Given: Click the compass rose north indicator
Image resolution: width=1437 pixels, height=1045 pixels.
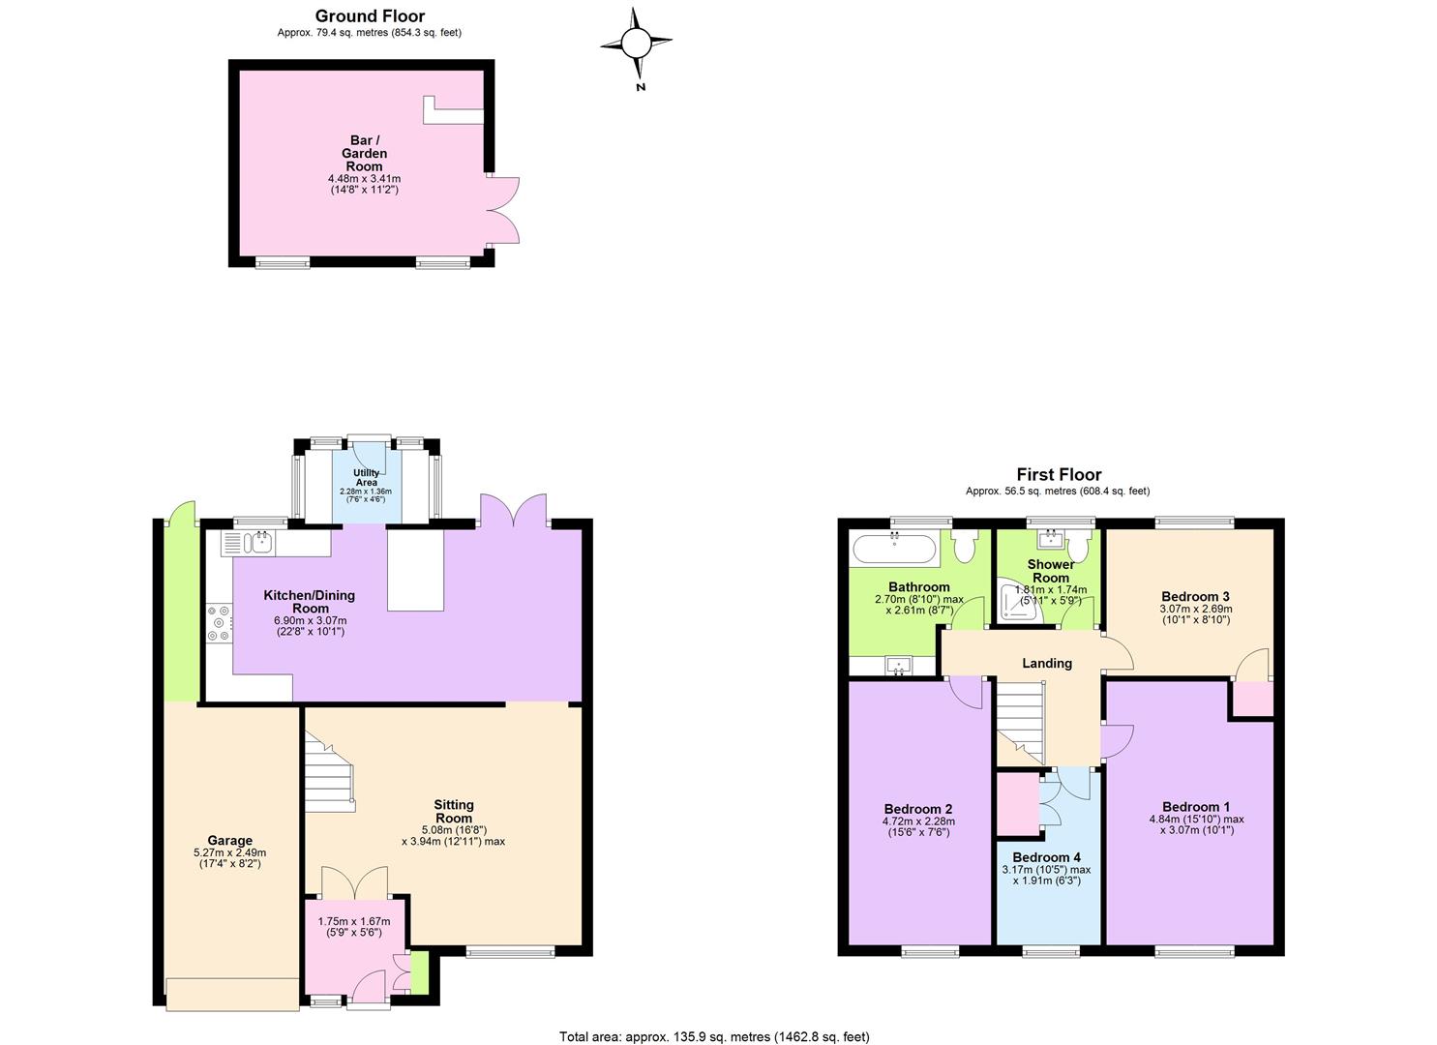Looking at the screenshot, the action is (x=637, y=45).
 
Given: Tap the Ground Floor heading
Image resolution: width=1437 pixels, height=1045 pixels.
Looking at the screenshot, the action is (x=370, y=16).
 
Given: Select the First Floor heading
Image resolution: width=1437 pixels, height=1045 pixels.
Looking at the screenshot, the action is (x=1059, y=475).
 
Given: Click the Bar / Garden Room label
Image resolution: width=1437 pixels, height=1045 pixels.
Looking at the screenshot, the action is (x=364, y=153).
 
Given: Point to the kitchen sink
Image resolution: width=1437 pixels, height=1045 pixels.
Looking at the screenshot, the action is (x=261, y=543).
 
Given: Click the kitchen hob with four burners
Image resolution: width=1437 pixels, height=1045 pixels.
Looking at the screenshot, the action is (x=219, y=623).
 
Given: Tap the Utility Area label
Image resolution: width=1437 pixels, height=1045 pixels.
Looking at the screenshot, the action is (x=367, y=477).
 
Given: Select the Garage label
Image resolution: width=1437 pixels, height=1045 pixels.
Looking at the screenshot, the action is (x=229, y=841).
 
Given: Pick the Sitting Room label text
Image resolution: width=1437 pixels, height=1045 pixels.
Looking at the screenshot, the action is (x=454, y=812).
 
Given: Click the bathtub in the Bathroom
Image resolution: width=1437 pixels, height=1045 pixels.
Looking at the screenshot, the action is (x=894, y=550).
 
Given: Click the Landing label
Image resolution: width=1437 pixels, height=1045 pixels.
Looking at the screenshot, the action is (x=1046, y=664).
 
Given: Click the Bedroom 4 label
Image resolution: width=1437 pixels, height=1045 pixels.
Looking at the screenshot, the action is (x=1046, y=857).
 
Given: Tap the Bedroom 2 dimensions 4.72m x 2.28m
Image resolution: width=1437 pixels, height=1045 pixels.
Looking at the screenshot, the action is (x=918, y=821).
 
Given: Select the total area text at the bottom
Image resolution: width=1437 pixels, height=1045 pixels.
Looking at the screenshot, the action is (x=714, y=1036).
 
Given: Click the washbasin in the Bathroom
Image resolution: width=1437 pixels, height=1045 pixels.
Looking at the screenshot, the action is (x=899, y=666).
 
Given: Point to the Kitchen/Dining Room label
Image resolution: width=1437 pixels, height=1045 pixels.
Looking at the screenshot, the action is (x=310, y=602).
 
